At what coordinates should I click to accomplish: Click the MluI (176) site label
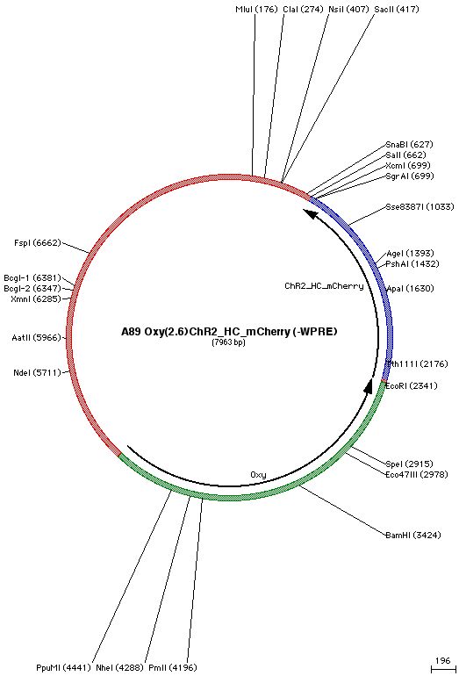pyautogui.click(x=256, y=9)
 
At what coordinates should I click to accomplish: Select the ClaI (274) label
pyautogui.click(x=303, y=9)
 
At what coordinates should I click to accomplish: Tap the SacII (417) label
pyautogui.click(x=397, y=9)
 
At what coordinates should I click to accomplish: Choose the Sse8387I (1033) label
pyautogui.click(x=420, y=207)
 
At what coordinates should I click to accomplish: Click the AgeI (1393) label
pyautogui.click(x=411, y=254)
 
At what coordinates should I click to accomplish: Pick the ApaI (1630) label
pyautogui.click(x=411, y=289)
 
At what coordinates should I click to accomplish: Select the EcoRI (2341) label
pyautogui.click(x=411, y=385)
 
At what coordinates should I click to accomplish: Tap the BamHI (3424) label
pyautogui.click(x=413, y=535)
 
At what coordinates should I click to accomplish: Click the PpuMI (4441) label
pyautogui.click(x=63, y=668)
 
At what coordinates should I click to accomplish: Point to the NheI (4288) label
pyautogui.click(x=119, y=668)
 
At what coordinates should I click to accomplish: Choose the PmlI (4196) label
pyautogui.click(x=172, y=668)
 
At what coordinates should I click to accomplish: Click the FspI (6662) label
pyautogui.click(x=38, y=243)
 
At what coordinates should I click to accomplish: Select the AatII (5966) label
pyautogui.click(x=37, y=338)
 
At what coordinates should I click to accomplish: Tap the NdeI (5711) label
pyautogui.click(x=38, y=372)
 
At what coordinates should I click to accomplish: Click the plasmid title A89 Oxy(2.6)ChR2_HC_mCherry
pyautogui.click(x=205, y=332)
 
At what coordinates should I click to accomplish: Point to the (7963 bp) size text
pyautogui.click(x=228, y=342)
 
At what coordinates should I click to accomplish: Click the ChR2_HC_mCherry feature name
pyautogui.click(x=324, y=286)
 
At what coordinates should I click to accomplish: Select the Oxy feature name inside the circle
pyautogui.click(x=258, y=475)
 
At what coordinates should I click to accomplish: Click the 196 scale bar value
pyautogui.click(x=442, y=660)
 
